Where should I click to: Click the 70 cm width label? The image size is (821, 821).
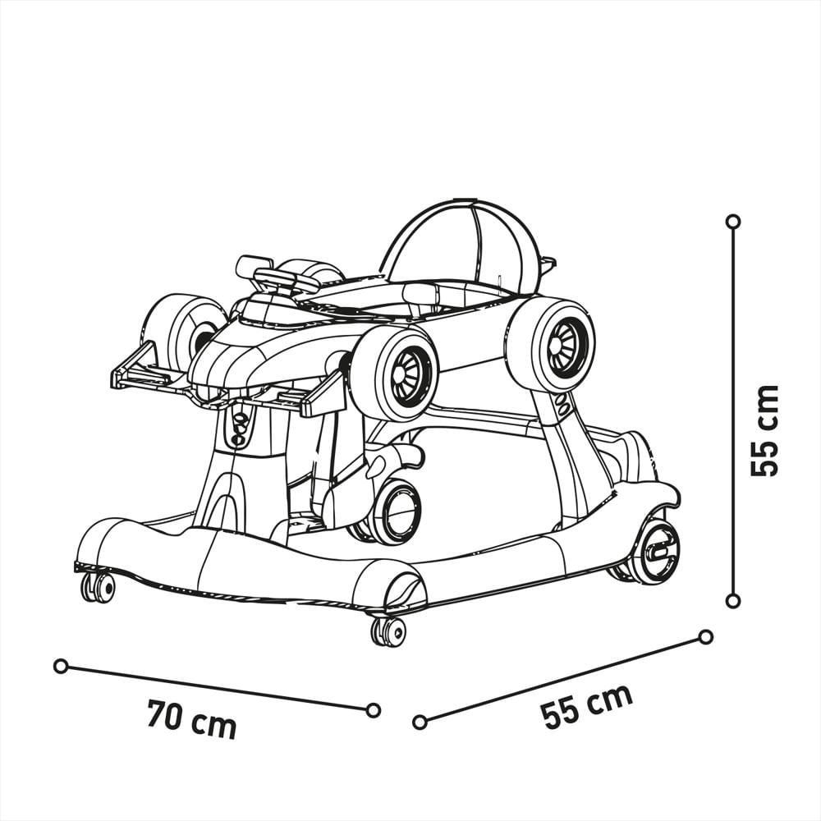point(192,719)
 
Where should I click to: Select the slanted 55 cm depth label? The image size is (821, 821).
point(586,705)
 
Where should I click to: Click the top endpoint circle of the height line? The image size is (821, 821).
point(733,222)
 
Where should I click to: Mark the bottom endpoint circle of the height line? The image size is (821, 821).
point(733,601)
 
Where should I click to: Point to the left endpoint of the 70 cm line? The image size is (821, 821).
point(60,666)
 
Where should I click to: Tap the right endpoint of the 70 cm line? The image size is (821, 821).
point(373,710)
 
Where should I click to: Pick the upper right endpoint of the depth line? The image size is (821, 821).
point(705,637)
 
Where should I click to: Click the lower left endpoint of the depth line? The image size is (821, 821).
point(420,722)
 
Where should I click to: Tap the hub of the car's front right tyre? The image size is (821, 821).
point(408,376)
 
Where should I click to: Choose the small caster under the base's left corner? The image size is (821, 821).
point(98,587)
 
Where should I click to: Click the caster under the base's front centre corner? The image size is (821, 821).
point(388,631)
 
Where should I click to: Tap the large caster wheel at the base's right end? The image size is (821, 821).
point(658,551)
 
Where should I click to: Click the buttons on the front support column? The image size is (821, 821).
point(240,427)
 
